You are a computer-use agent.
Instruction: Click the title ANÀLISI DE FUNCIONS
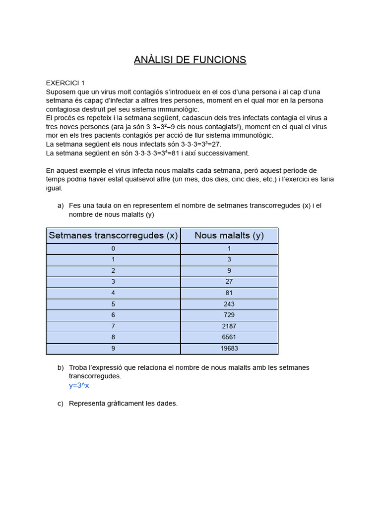(190, 60)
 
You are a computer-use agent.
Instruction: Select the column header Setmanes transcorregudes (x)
(113, 236)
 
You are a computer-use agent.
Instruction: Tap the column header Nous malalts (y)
(229, 236)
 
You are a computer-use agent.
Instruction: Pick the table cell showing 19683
(229, 349)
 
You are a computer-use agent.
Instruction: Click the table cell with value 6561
(229, 337)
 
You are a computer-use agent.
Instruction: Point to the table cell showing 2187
(229, 326)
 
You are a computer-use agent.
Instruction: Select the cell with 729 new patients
(229, 315)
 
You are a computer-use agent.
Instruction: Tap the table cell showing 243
(229, 304)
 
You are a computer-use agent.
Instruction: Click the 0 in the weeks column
(113, 249)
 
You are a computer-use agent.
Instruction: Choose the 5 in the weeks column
(113, 304)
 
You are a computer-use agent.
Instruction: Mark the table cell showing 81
(229, 293)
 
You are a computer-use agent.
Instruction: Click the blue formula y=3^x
(79, 385)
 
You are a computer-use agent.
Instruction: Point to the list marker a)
(61, 205)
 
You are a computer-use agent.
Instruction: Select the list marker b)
(61, 367)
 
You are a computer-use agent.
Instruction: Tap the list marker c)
(61, 404)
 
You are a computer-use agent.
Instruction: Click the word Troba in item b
(78, 367)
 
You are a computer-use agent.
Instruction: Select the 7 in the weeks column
(113, 326)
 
